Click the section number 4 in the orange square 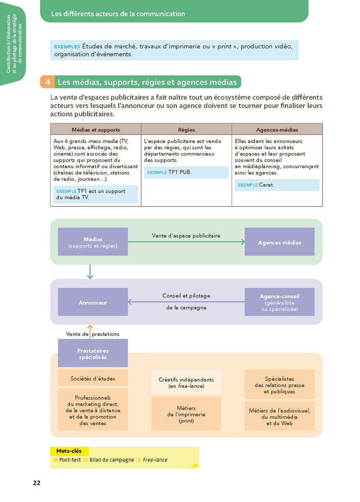(x=47, y=82)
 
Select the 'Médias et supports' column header (x=95, y=129)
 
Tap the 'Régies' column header (x=186, y=129)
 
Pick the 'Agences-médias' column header (x=277, y=129)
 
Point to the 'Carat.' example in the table (x=266, y=185)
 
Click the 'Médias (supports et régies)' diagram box (x=93, y=242)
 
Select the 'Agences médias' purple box (x=279, y=242)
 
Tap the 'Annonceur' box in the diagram (x=93, y=302)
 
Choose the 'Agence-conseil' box (x=279, y=302)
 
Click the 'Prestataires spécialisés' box (x=93, y=354)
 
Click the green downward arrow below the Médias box (x=90, y=272)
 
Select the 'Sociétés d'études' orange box (x=93, y=379)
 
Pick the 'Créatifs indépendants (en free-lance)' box (x=186, y=382)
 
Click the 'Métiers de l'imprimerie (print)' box (x=186, y=414)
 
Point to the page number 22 (x=37, y=482)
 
